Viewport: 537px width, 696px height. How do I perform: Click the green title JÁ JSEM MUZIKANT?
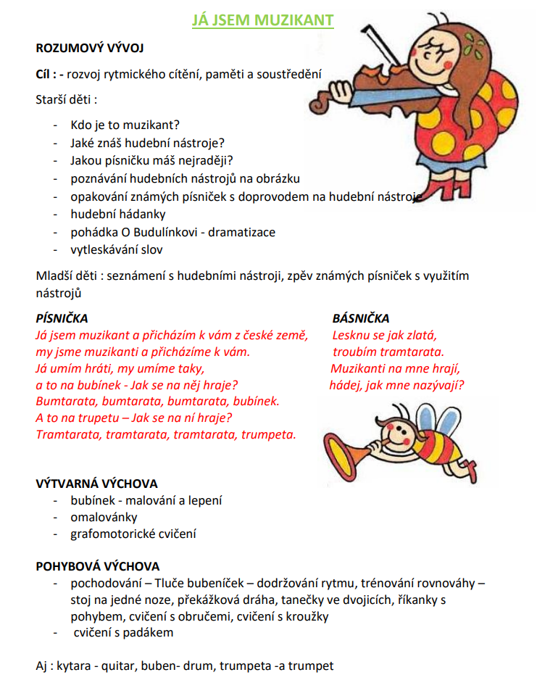click(263, 20)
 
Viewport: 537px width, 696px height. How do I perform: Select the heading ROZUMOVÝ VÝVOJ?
click(90, 49)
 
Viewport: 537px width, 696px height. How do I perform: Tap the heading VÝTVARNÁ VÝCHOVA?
click(96, 484)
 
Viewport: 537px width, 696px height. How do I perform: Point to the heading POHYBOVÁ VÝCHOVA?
click(98, 566)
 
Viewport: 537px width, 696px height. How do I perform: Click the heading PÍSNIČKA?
click(62, 318)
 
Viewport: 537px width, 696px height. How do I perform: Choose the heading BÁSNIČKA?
click(360, 318)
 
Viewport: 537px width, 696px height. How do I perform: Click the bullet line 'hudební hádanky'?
click(118, 214)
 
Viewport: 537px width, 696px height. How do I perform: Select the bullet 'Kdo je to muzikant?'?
click(125, 124)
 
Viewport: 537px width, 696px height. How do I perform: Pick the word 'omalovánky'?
click(104, 518)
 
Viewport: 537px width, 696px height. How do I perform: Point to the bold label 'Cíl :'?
click(46, 74)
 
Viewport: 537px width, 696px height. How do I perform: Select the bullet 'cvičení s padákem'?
click(123, 632)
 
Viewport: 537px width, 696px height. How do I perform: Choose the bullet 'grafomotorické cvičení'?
click(133, 534)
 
